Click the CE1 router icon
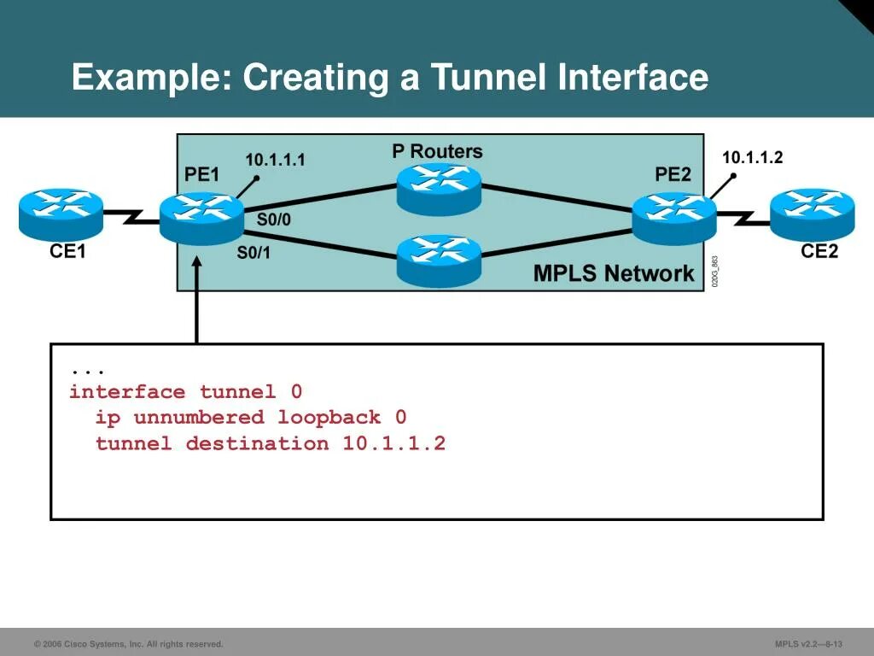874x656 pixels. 61,213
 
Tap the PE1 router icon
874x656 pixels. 201,218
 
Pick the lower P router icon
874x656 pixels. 439,260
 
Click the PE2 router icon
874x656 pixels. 674,218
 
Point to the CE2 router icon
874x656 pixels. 812,214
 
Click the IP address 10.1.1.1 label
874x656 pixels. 275,160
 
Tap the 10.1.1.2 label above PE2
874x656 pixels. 752,157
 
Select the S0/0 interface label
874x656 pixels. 274,220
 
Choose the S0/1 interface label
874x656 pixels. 253,253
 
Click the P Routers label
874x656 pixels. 437,152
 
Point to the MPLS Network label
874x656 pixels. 614,273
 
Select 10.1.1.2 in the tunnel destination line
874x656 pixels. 394,443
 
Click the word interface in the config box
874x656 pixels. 127,392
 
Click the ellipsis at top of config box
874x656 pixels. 88,370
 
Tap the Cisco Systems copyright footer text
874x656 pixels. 128,644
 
